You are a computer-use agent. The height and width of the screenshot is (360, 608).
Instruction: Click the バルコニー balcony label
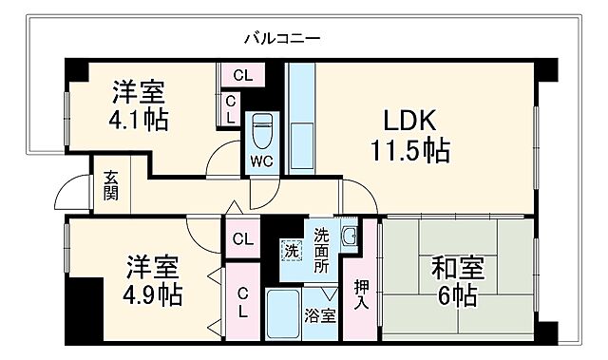pyautogui.click(x=281, y=39)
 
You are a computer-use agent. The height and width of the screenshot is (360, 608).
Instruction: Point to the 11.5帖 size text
pyautogui.click(x=409, y=150)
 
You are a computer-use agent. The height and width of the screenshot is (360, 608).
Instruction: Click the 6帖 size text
pyautogui.click(x=458, y=295)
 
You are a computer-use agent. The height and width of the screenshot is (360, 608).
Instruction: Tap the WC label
pyautogui.click(x=261, y=160)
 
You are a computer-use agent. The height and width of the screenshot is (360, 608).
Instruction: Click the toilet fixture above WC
pyautogui.click(x=261, y=129)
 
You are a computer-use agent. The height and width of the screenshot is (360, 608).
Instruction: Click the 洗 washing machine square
pyautogui.click(x=291, y=252)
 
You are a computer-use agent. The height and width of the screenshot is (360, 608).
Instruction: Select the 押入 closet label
pyautogui.click(x=360, y=294)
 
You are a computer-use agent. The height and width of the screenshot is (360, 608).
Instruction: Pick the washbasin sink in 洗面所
pyautogui.click(x=349, y=237)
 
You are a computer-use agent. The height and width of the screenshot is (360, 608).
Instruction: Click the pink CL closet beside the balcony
pyautogui.click(x=242, y=75)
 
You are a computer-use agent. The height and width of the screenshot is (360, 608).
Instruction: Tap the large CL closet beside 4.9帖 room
pyautogui.click(x=242, y=302)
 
